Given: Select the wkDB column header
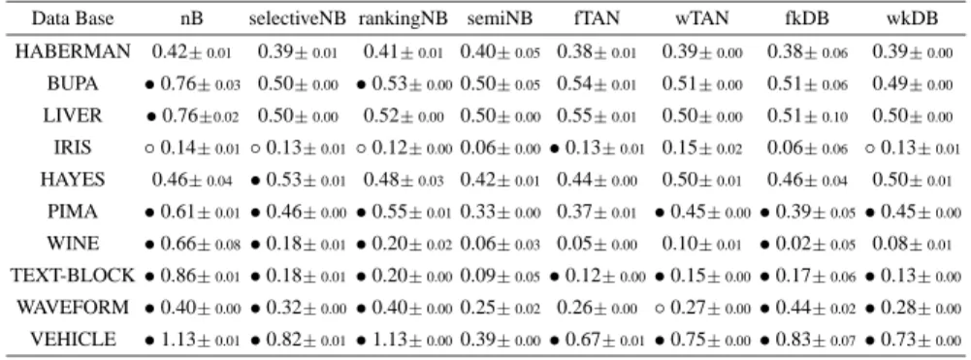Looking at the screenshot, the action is [911, 19].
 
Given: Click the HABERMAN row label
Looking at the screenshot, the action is [73, 52].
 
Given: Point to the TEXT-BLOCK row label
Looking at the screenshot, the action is [73, 276].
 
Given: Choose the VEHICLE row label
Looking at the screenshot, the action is [73, 339].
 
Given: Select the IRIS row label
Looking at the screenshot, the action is [73, 147].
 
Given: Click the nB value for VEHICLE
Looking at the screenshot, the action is [193, 340].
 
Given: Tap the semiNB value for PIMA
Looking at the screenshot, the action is [500, 212].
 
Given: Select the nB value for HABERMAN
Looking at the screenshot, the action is [192, 52].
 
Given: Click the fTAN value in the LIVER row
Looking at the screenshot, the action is [598, 116].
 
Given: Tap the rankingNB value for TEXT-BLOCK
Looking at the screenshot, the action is [405, 276].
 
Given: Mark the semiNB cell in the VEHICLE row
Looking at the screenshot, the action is [500, 340].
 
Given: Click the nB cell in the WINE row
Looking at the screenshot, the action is [193, 244].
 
